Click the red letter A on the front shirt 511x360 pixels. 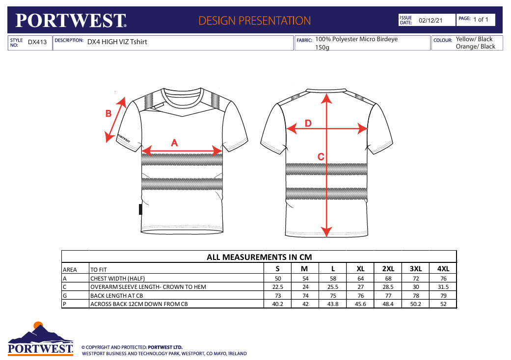pyautogui.click(x=174, y=143)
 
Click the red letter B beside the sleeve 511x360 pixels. pyautogui.click(x=108, y=114)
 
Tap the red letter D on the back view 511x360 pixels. pyautogui.click(x=308, y=124)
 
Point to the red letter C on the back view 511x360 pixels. pyautogui.click(x=321, y=157)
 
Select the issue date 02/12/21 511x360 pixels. pyautogui.click(x=430, y=21)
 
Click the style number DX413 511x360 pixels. pyautogui.click(x=37, y=42)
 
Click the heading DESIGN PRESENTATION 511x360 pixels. pyautogui.click(x=255, y=21)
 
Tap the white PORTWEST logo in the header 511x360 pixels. pyautogui.click(x=71, y=21)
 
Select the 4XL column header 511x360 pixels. pyautogui.click(x=443, y=269)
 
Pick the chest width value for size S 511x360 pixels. pyautogui.click(x=278, y=279)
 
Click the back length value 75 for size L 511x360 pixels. pyautogui.click(x=333, y=296)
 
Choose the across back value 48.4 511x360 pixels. pyautogui.click(x=388, y=304)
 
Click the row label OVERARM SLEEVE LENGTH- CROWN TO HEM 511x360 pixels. pyautogui.click(x=148, y=287)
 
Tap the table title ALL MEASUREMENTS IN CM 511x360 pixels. pyautogui.click(x=259, y=257)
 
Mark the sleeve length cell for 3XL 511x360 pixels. pyautogui.click(x=416, y=287)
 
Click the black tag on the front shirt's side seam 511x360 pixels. pyautogui.click(x=140, y=209)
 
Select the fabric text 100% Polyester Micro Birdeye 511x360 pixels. pyautogui.click(x=356, y=39)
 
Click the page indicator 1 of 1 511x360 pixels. pyautogui.click(x=481, y=20)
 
